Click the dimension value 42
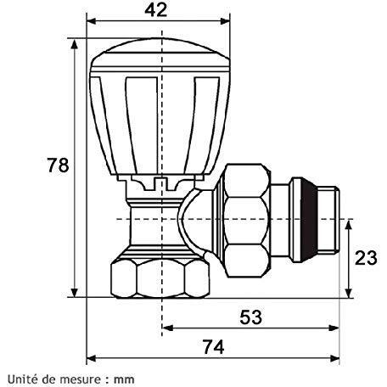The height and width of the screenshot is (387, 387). click(x=156, y=10)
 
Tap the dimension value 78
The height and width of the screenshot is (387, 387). click(x=58, y=165)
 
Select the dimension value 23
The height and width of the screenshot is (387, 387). click(x=366, y=258)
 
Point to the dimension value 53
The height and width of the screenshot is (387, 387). click(x=251, y=317)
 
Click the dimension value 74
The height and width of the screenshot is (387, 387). click(x=213, y=346)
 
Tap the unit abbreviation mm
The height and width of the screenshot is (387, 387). click(x=124, y=380)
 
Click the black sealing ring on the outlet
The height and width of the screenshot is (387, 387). click(x=309, y=220)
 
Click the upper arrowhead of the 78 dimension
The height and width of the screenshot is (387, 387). click(x=75, y=44)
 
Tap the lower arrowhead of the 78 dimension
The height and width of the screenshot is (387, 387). click(x=75, y=292)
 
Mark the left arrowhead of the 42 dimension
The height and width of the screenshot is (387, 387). click(x=92, y=21)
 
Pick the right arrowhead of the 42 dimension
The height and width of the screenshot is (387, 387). click(x=225, y=21)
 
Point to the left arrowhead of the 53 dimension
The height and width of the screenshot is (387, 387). click(x=167, y=328)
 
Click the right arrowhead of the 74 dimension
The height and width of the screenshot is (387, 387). click(x=334, y=359)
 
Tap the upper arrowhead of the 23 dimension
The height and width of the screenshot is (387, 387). click(x=349, y=225)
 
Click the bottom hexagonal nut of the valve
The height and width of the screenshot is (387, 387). click(x=160, y=278)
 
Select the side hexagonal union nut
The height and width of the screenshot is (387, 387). click(x=247, y=221)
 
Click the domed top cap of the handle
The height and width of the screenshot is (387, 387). click(x=160, y=53)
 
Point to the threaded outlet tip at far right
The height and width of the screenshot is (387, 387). click(x=328, y=220)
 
